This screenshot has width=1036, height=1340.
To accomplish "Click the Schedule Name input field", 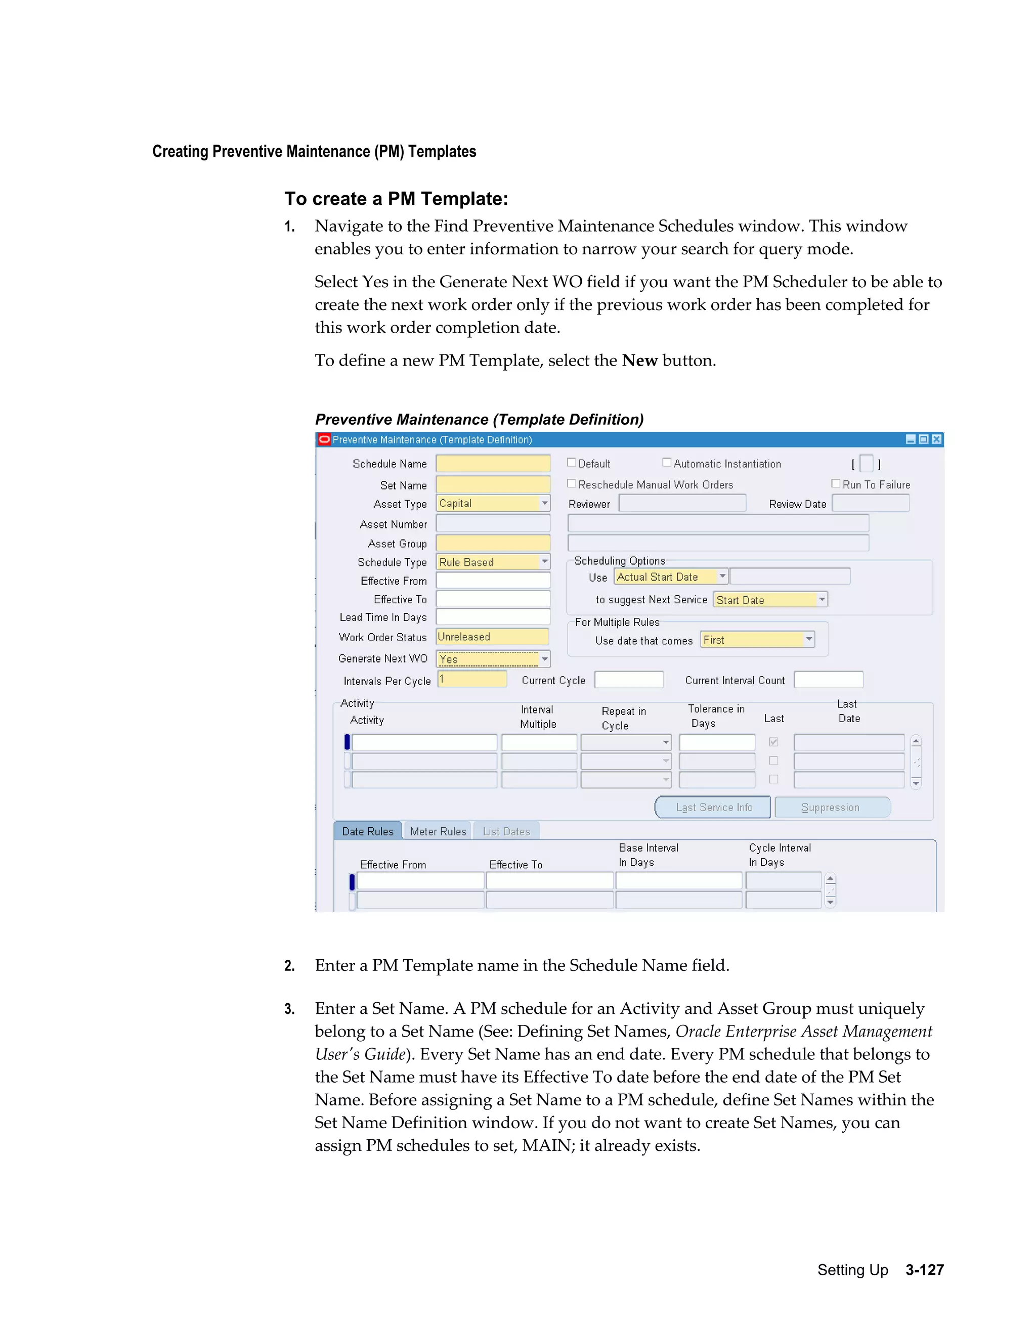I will (493, 464).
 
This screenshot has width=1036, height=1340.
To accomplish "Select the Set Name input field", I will (493, 485).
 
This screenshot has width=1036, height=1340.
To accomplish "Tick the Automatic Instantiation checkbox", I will (667, 463).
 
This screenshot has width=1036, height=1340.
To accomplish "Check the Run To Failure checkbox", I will (835, 483).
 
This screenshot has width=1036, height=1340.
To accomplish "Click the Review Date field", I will (870, 504).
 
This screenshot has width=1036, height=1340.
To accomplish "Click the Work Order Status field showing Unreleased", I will (492, 637).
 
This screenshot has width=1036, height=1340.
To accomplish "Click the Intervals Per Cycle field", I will (472, 680).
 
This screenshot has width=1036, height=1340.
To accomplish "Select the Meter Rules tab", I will (438, 831).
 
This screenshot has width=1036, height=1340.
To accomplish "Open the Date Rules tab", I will (368, 831).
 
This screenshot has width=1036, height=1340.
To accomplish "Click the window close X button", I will (936, 439).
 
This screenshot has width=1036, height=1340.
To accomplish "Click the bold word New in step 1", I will (639, 360).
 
